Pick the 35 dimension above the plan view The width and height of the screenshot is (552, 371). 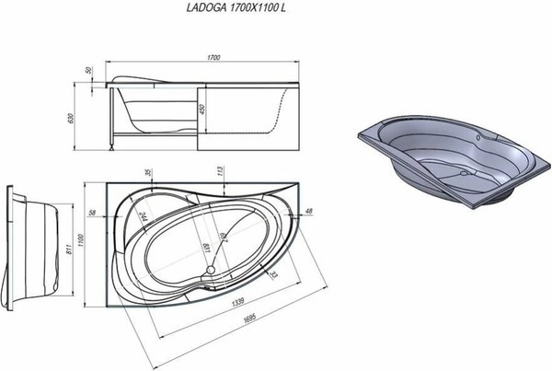tap(146, 172)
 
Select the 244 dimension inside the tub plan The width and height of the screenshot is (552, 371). tap(144, 219)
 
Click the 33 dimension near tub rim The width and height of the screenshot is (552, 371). tap(273, 273)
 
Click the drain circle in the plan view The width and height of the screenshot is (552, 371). tap(213, 271)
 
